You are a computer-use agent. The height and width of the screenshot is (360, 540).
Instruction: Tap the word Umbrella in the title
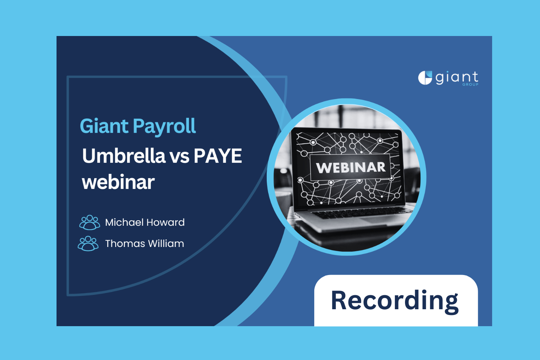[x=123, y=156]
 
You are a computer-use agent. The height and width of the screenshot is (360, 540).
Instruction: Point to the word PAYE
[x=218, y=156]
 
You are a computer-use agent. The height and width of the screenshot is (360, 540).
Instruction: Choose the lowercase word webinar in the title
[x=118, y=182]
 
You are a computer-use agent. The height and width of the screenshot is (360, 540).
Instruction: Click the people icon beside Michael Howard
[x=90, y=222]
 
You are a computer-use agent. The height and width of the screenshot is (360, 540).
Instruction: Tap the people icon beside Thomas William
[x=88, y=244]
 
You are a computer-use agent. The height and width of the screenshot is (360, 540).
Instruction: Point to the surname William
[x=166, y=244]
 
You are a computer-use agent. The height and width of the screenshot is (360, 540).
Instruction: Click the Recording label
[x=395, y=301]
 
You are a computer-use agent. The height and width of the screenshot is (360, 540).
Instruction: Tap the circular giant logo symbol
[x=425, y=78]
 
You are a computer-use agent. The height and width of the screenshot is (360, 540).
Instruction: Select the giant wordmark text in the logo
[x=456, y=77]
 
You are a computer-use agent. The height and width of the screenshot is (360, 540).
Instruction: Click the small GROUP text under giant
[x=471, y=85]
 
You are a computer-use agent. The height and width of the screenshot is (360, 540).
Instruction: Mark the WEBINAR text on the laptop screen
[x=351, y=168]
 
